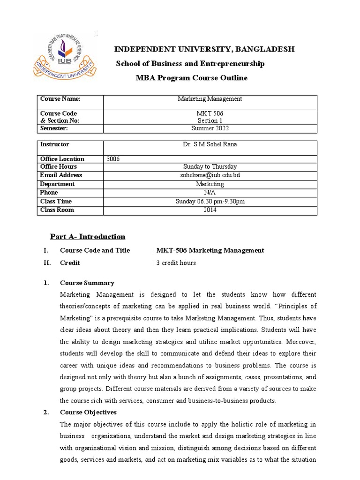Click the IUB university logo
coord(65,55)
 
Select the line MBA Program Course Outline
coord(191,78)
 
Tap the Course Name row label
coord(60,99)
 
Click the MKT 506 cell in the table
coord(210,113)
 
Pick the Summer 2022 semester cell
coord(210,128)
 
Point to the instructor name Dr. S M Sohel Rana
coord(210,144)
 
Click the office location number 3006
coord(113,159)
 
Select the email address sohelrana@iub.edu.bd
coord(210,175)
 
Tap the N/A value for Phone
coord(210,193)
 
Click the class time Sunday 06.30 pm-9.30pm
coord(210,202)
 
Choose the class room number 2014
coord(210,210)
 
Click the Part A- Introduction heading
coord(88,237)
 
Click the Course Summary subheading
coord(87,283)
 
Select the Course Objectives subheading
coord(88,412)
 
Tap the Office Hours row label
coord(59,167)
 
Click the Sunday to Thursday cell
coord(210,167)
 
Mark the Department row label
coord(57,184)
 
